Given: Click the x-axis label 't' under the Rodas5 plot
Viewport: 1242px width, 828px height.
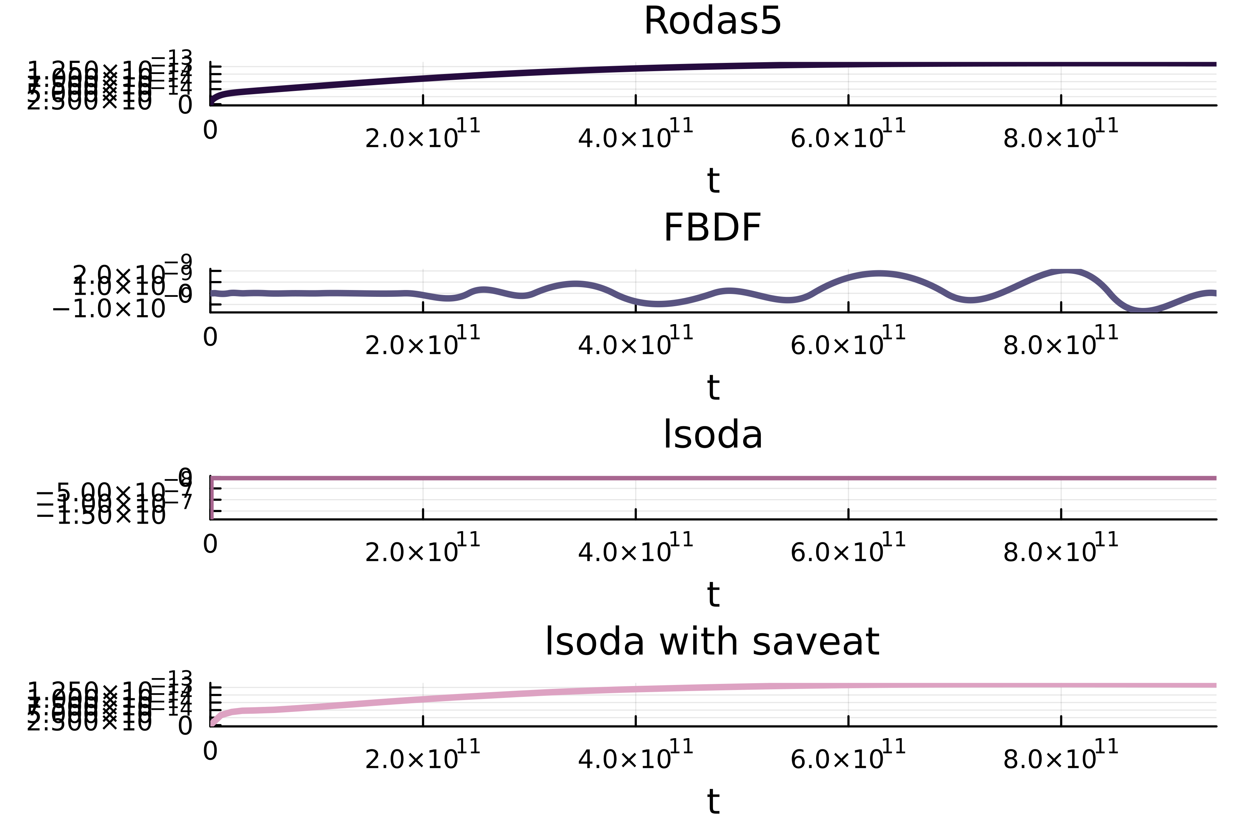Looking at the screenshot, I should tap(713, 181).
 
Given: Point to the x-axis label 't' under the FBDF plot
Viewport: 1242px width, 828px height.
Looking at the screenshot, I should tap(713, 388).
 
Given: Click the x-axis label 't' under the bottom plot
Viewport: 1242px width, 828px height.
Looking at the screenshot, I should tap(713, 802).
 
